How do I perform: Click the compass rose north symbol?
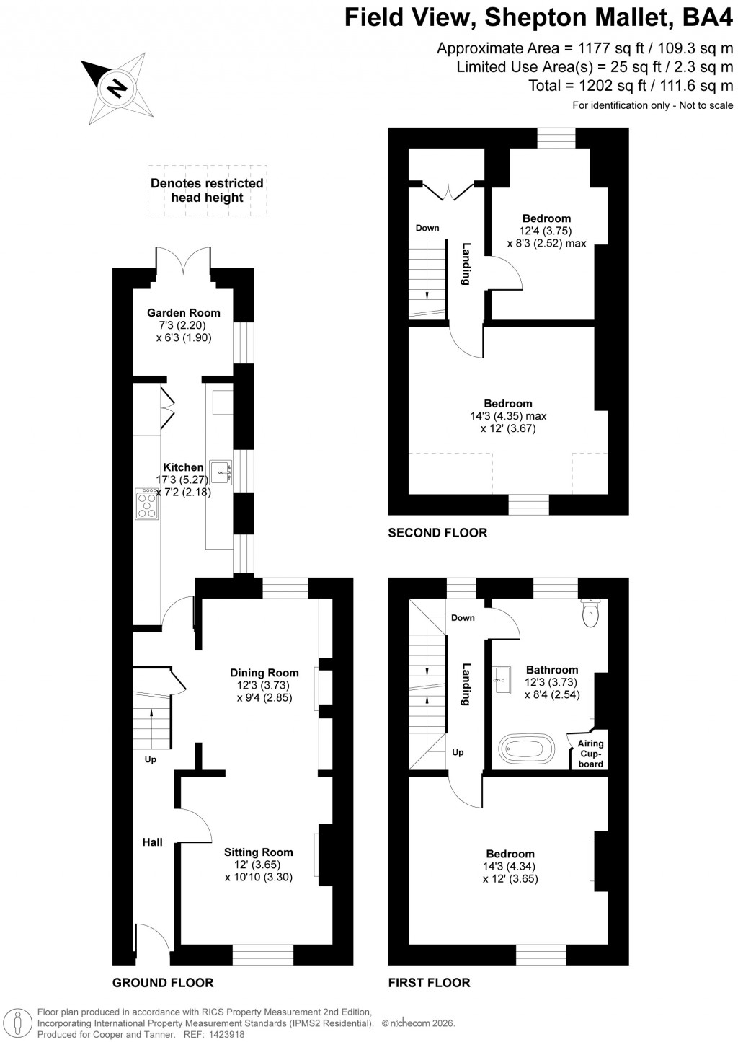point(115,89)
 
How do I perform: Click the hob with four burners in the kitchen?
point(147,504)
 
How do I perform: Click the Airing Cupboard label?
point(590,754)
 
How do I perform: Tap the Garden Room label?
point(184,313)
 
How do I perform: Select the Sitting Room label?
point(258,852)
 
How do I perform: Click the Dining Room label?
point(264,673)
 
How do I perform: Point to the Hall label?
point(152,842)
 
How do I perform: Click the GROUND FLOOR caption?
point(163,982)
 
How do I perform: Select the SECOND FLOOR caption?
point(437,533)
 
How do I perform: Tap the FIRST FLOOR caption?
point(429,982)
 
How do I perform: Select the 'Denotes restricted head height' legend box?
point(207,190)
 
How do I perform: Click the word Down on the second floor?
point(427,228)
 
